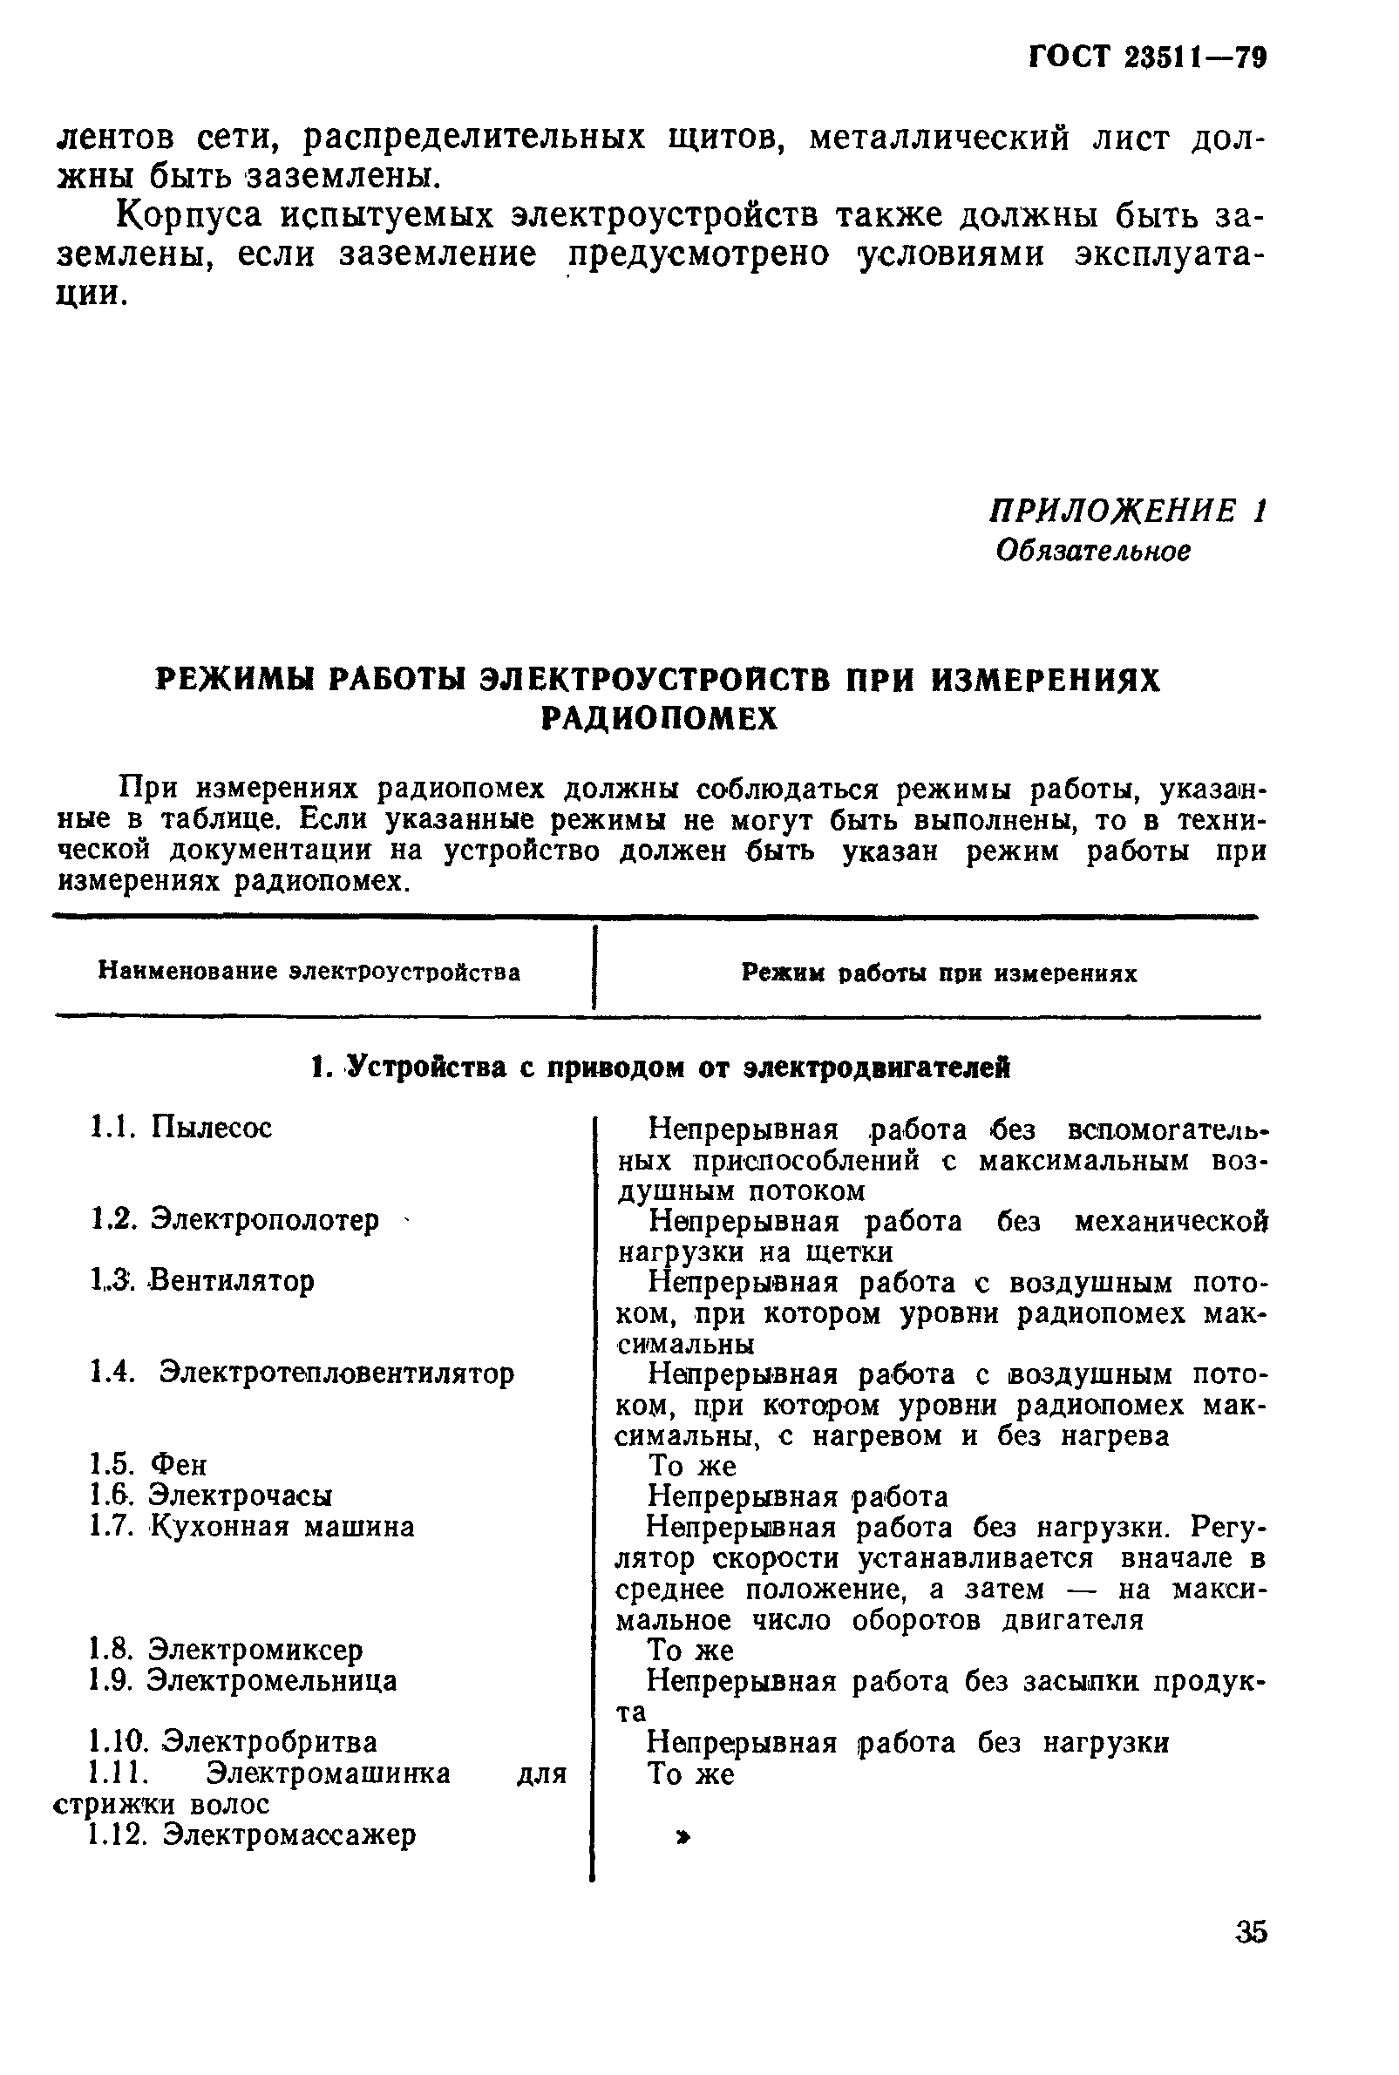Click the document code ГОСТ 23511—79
point(1147,58)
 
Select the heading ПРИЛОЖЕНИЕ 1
point(1128,512)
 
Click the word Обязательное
point(1093,551)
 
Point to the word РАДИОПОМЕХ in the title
point(659,719)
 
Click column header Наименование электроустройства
point(309,972)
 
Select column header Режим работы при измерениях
point(939,973)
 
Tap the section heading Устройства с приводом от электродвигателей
point(659,1067)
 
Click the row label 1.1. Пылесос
point(181,1128)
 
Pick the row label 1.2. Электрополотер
point(234,1219)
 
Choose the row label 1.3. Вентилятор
point(202,1281)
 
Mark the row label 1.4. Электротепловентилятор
point(302,1373)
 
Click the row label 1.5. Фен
point(148,1465)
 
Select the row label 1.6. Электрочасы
point(212,1495)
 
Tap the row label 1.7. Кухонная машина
point(253,1526)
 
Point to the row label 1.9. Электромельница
point(243,1681)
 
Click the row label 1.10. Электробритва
point(234,1742)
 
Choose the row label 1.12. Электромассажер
point(253,1834)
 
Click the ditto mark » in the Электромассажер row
point(683,1837)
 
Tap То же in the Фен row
point(691,1466)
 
